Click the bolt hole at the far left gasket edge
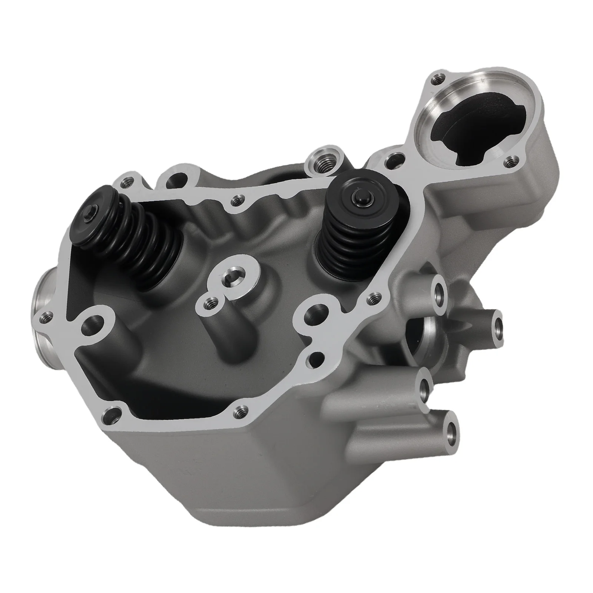click(45, 317)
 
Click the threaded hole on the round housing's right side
click(512, 160)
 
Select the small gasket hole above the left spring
click(128, 181)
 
